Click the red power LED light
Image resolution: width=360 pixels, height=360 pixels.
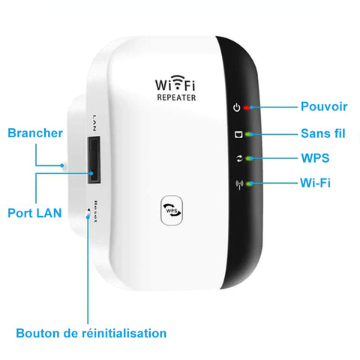(x=247, y=108)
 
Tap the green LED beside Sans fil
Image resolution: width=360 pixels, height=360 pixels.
(x=248, y=134)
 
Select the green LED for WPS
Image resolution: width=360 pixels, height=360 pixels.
(x=248, y=158)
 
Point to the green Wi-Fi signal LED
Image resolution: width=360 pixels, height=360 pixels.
(x=248, y=184)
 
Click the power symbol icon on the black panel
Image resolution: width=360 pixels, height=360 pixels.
(x=237, y=107)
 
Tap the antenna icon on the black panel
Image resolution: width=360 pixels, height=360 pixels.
(x=239, y=184)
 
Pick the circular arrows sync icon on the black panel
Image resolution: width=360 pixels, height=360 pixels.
(x=239, y=158)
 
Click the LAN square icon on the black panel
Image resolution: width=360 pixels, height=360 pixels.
(x=238, y=134)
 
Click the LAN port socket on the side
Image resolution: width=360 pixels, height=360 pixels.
(x=94, y=160)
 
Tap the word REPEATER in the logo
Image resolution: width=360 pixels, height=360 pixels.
(x=176, y=97)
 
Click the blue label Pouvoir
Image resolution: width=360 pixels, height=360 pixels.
(x=324, y=106)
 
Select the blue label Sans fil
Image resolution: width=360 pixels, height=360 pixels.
(x=323, y=133)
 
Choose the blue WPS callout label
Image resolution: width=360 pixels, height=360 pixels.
(x=315, y=158)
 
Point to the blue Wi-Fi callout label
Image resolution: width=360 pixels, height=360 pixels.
(x=315, y=182)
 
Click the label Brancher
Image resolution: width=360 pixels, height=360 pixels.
(x=35, y=133)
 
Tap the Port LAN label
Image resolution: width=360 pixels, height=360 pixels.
(x=34, y=213)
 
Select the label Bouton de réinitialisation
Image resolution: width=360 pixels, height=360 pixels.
(x=91, y=333)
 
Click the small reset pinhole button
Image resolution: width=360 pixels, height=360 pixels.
(x=88, y=212)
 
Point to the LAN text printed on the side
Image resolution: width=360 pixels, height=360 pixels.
(x=94, y=123)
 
